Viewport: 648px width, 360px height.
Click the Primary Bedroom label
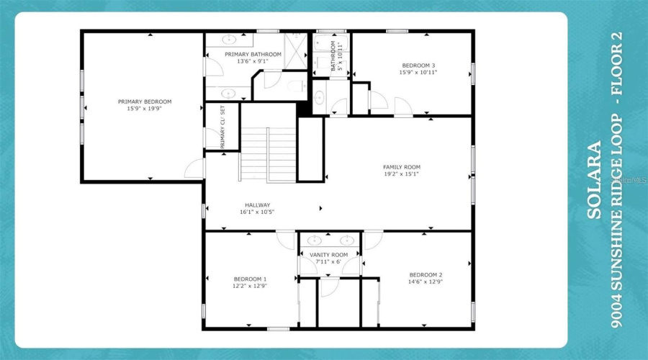coord(145,102)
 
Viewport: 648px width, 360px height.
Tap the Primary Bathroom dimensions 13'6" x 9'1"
coord(253,61)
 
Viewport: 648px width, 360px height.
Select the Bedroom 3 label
coord(418,66)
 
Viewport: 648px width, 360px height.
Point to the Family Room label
coord(401,167)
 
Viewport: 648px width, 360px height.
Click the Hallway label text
coord(256,205)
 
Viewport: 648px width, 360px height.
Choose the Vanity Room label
coord(328,255)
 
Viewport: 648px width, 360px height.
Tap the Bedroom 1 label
coord(250,279)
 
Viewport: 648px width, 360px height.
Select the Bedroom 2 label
coord(426,275)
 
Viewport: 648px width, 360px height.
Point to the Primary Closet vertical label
coord(222,127)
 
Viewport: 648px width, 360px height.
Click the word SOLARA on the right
coord(594,180)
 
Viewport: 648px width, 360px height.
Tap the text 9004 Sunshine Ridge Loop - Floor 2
coord(616,180)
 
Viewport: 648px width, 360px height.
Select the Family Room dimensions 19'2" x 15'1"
coord(401,174)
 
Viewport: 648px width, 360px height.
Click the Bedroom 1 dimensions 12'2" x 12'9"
coord(250,285)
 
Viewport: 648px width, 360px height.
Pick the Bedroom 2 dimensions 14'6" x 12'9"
coord(426,282)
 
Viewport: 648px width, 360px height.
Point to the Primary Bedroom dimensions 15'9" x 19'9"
coord(145,108)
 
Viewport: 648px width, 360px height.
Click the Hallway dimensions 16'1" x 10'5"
coord(256,212)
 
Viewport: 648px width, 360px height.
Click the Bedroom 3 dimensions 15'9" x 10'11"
coord(418,72)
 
